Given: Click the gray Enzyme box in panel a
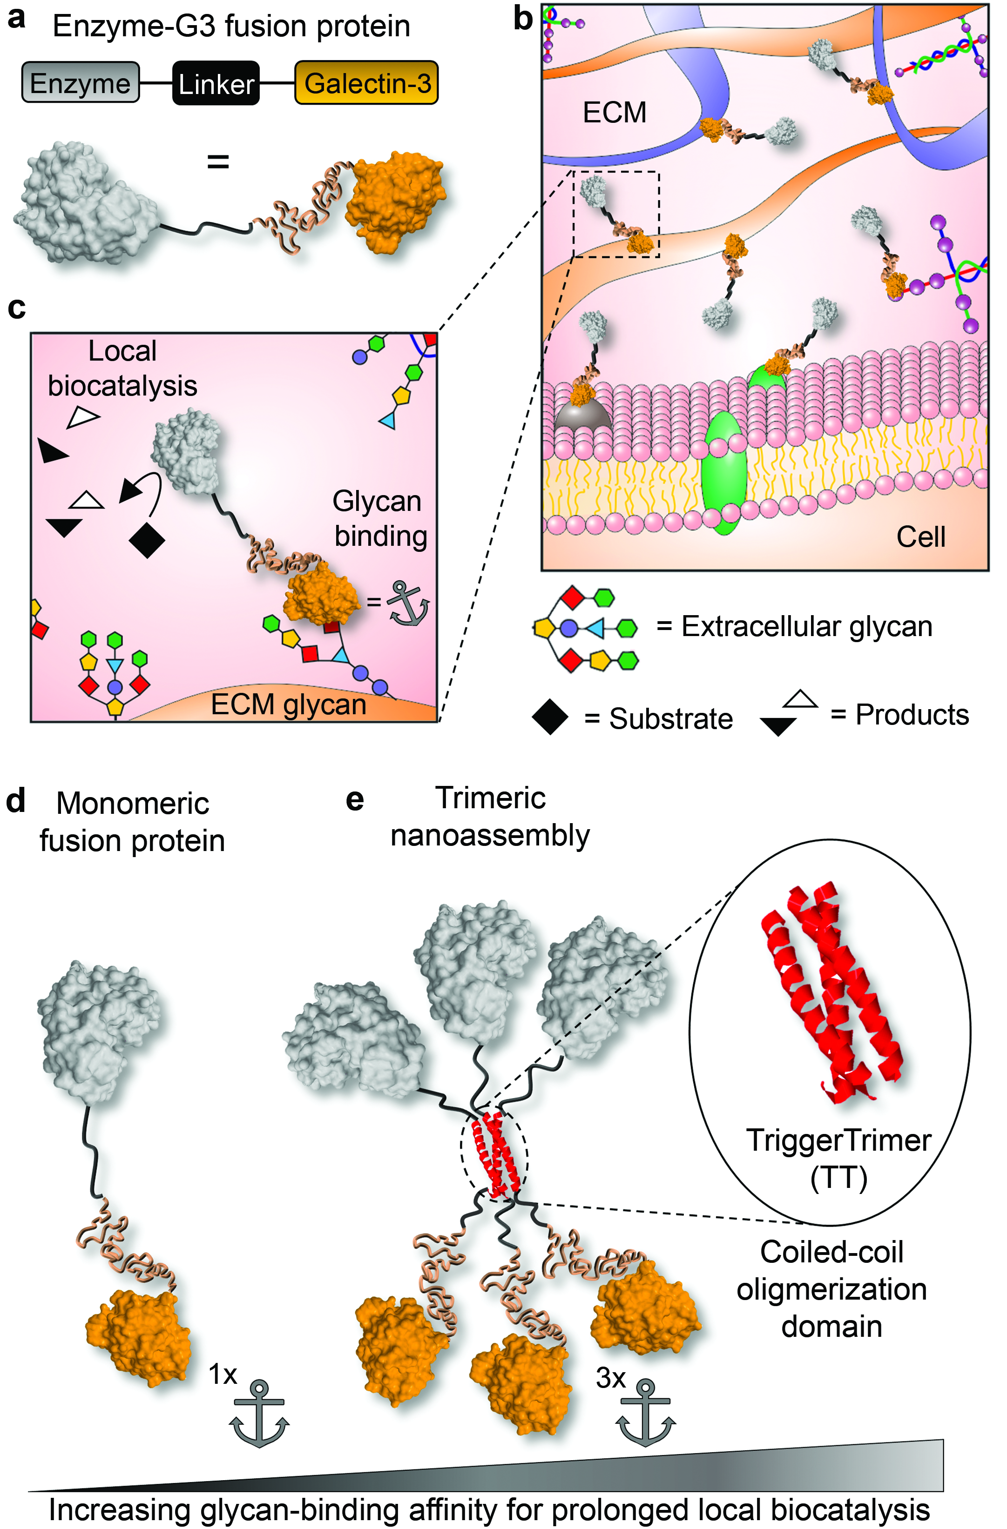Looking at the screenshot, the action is pos(81,82).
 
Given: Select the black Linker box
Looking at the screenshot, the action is pos(216,83).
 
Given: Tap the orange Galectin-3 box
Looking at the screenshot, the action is pos(366,82).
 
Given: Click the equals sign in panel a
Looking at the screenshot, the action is pos(218,162).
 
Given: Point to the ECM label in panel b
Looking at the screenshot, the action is pos(615,113).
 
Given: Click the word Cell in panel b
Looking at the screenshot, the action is pos(921,536).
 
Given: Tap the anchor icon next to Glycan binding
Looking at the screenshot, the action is pos(407,603).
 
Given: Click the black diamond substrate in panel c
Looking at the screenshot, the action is pos(147,540).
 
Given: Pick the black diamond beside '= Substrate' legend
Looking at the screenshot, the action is pos(550,717).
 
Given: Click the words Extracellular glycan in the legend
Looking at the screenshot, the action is pos(806,626).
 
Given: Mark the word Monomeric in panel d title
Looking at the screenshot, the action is pos(132,803).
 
